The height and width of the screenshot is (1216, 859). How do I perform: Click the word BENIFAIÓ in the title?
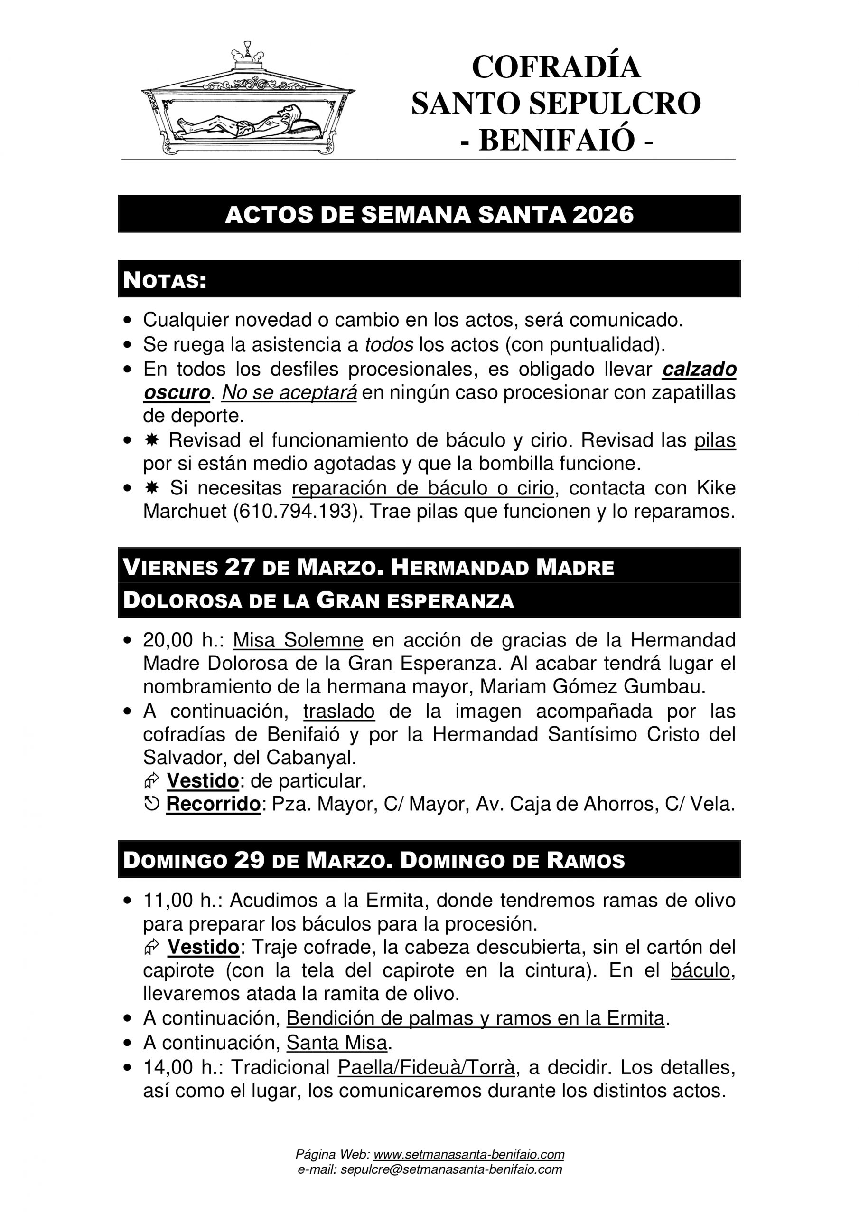tap(556, 140)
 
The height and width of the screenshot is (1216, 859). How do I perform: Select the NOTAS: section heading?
tap(165, 280)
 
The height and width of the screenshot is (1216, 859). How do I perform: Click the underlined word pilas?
tap(715, 439)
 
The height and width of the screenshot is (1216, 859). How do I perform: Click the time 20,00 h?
tap(184, 640)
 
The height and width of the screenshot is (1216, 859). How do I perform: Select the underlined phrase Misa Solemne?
tap(298, 640)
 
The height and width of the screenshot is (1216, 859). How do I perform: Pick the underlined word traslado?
tap(339, 711)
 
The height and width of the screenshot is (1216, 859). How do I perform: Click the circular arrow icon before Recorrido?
tap(151, 805)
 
